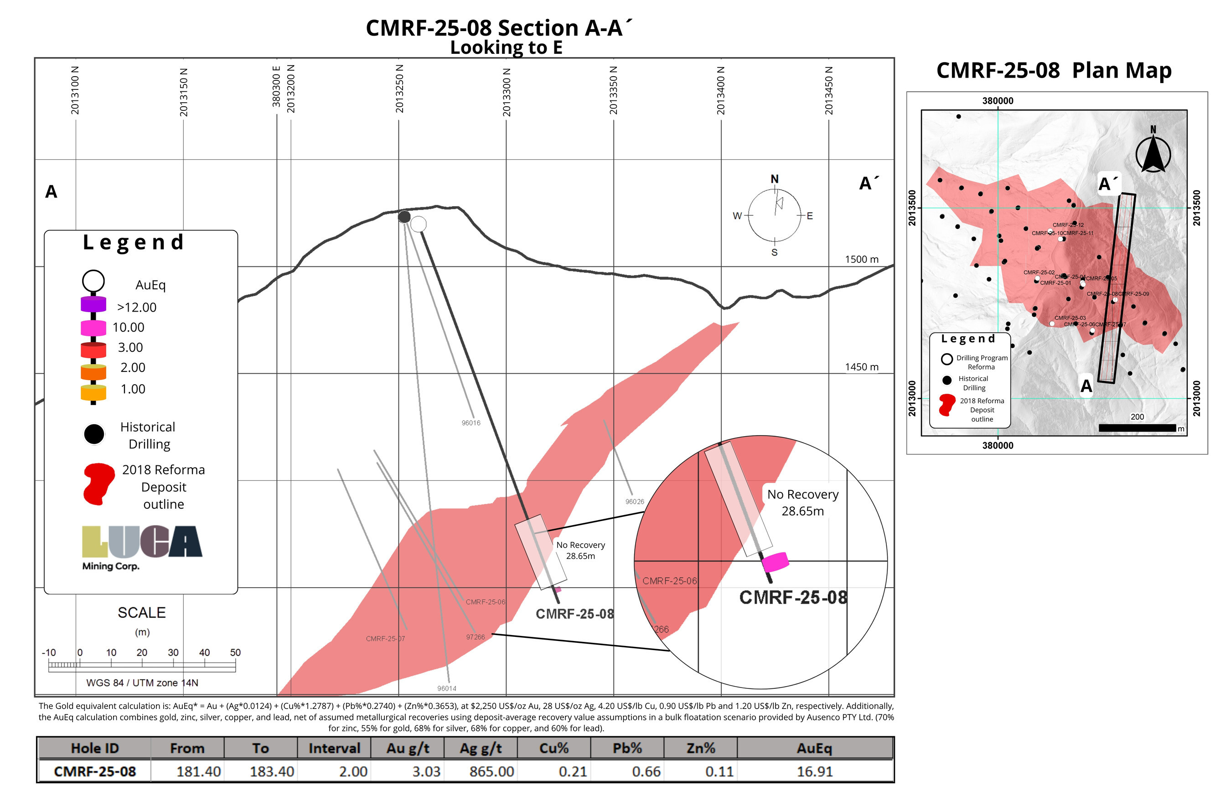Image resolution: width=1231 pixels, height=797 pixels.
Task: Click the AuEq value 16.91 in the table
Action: (x=815, y=771)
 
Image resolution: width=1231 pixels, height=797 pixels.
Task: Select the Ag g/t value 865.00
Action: (x=491, y=771)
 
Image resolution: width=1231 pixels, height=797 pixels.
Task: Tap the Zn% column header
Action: (x=701, y=748)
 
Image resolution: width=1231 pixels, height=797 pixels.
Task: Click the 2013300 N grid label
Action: (x=507, y=92)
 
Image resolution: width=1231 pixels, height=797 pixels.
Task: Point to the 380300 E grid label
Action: (x=276, y=86)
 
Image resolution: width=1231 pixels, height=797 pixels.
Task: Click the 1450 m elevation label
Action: (x=862, y=367)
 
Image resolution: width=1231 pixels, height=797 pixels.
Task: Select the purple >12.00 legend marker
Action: (x=93, y=304)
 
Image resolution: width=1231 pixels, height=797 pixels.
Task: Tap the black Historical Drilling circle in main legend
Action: (x=94, y=434)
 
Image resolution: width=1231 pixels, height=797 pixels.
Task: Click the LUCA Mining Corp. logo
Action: (x=142, y=547)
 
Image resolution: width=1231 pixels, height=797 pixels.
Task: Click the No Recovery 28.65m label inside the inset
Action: (x=803, y=503)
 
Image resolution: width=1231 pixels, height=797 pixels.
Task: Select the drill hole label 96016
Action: (x=471, y=423)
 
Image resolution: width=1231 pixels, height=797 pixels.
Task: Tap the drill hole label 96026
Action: (x=635, y=501)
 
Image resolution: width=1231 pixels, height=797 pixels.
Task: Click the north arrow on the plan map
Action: (x=1153, y=151)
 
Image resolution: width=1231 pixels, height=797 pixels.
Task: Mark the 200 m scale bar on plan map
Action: (x=1137, y=428)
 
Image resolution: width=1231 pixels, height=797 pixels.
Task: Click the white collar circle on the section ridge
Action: (x=419, y=224)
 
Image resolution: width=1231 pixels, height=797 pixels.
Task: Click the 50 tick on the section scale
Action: (x=235, y=652)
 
